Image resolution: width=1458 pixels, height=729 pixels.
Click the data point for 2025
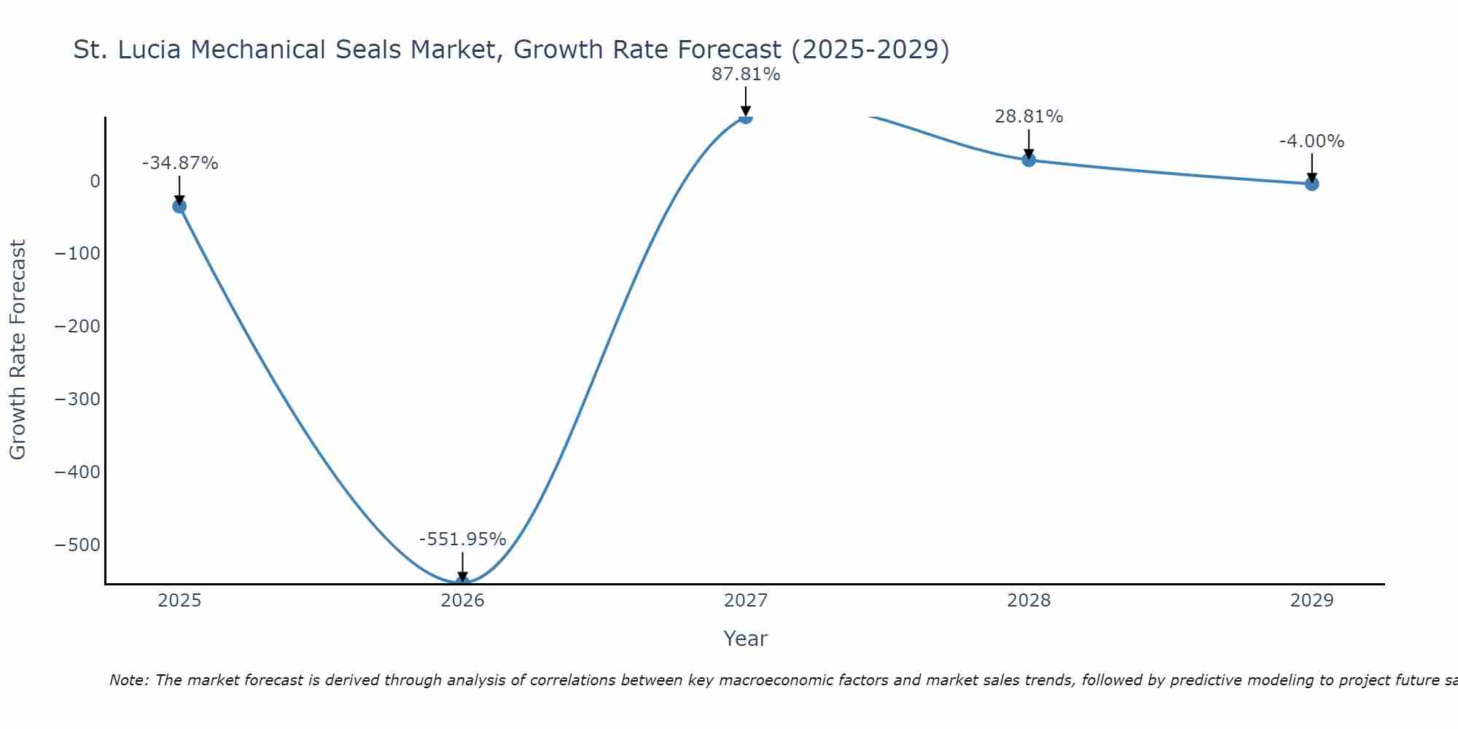point(179,206)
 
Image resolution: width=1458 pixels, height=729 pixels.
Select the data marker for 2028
point(1029,160)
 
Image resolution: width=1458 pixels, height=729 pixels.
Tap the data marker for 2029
point(1311,184)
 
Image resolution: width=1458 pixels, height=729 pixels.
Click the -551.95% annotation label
point(462,539)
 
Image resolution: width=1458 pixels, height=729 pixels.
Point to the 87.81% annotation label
point(746,74)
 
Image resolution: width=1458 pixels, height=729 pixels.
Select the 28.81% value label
point(1029,117)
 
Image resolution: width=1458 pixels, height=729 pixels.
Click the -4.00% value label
point(1311,141)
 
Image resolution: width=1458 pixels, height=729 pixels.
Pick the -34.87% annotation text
point(179,163)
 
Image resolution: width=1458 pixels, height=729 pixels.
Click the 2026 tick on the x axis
point(462,601)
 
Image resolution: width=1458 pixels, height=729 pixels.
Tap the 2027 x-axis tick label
point(746,601)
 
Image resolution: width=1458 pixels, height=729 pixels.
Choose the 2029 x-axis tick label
point(1311,601)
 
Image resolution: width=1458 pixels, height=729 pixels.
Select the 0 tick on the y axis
point(95,181)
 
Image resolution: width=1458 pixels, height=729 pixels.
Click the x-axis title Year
point(745,639)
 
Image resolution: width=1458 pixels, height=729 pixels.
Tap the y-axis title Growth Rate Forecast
point(18,350)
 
